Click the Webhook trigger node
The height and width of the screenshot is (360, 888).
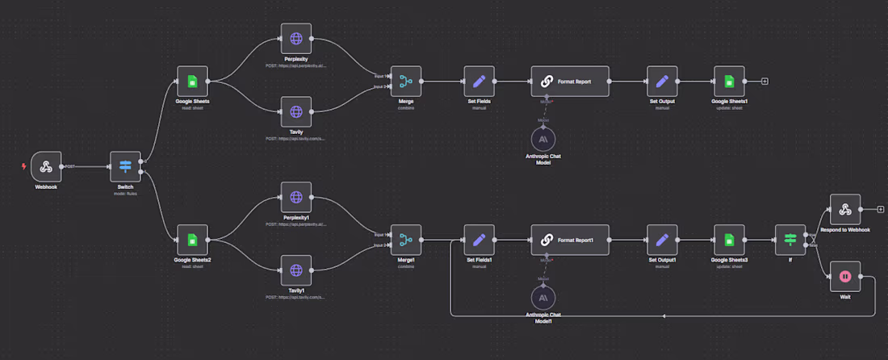[x=46, y=166]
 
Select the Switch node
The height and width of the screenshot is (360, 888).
[x=125, y=166]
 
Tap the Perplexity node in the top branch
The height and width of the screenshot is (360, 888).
[x=295, y=38]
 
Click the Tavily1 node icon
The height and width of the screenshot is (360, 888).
[x=295, y=270]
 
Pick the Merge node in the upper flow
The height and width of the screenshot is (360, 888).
[x=405, y=82]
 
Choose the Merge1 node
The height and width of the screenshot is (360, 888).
[x=405, y=240]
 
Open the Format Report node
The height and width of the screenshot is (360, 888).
[x=570, y=82]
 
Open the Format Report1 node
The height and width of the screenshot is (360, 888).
[x=570, y=240]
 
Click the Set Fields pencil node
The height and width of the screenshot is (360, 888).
[x=479, y=82]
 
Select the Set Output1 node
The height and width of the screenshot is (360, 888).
[x=662, y=240]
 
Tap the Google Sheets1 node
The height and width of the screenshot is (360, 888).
[x=729, y=82]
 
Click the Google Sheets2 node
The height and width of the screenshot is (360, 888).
[x=192, y=240]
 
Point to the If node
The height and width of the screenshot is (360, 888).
[x=790, y=240]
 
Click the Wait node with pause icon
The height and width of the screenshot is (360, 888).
[x=844, y=276]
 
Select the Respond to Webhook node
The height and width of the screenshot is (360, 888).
[x=844, y=209]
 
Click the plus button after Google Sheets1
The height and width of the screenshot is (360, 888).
[x=764, y=82]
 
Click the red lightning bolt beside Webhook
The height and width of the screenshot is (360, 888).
[x=24, y=166]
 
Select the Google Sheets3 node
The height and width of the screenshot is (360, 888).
[x=729, y=240]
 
